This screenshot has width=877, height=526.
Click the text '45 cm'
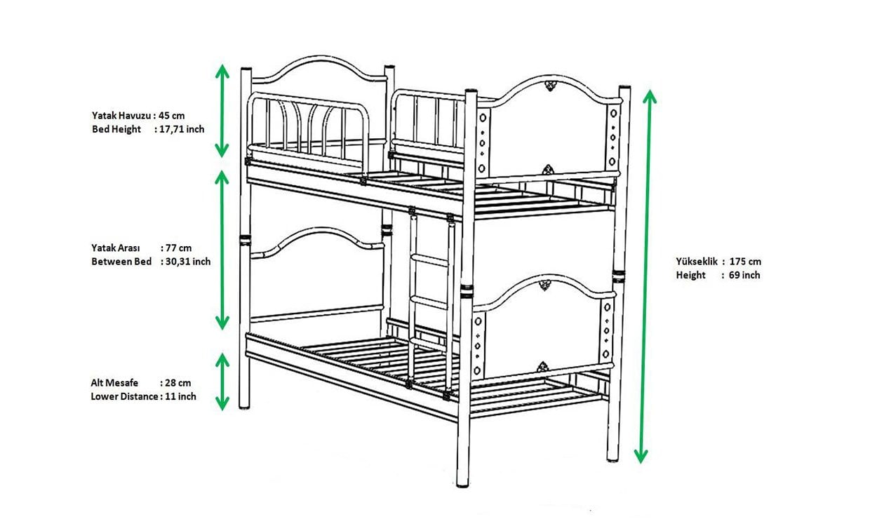point(172,116)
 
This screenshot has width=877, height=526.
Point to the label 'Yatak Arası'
point(116,248)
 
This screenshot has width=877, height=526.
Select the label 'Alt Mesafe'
point(114,383)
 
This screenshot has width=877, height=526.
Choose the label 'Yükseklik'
point(696,262)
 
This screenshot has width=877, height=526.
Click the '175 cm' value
point(746,262)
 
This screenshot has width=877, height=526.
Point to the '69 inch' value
point(744,275)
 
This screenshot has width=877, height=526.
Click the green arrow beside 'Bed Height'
point(222,110)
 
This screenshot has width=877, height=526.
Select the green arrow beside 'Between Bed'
point(222,250)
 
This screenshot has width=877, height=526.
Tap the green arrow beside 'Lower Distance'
point(222,382)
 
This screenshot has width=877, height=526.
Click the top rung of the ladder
point(429,259)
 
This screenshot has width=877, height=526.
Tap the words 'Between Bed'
point(121,262)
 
